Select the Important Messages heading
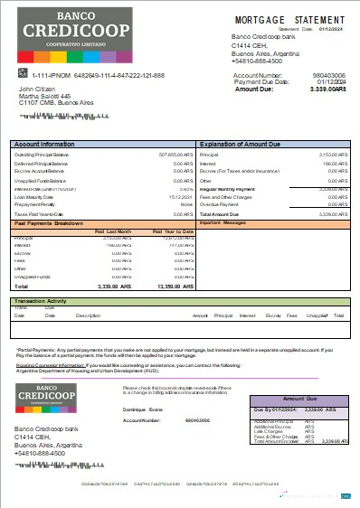[223, 222]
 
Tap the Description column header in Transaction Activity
[88, 315]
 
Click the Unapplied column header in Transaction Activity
[316, 315]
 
